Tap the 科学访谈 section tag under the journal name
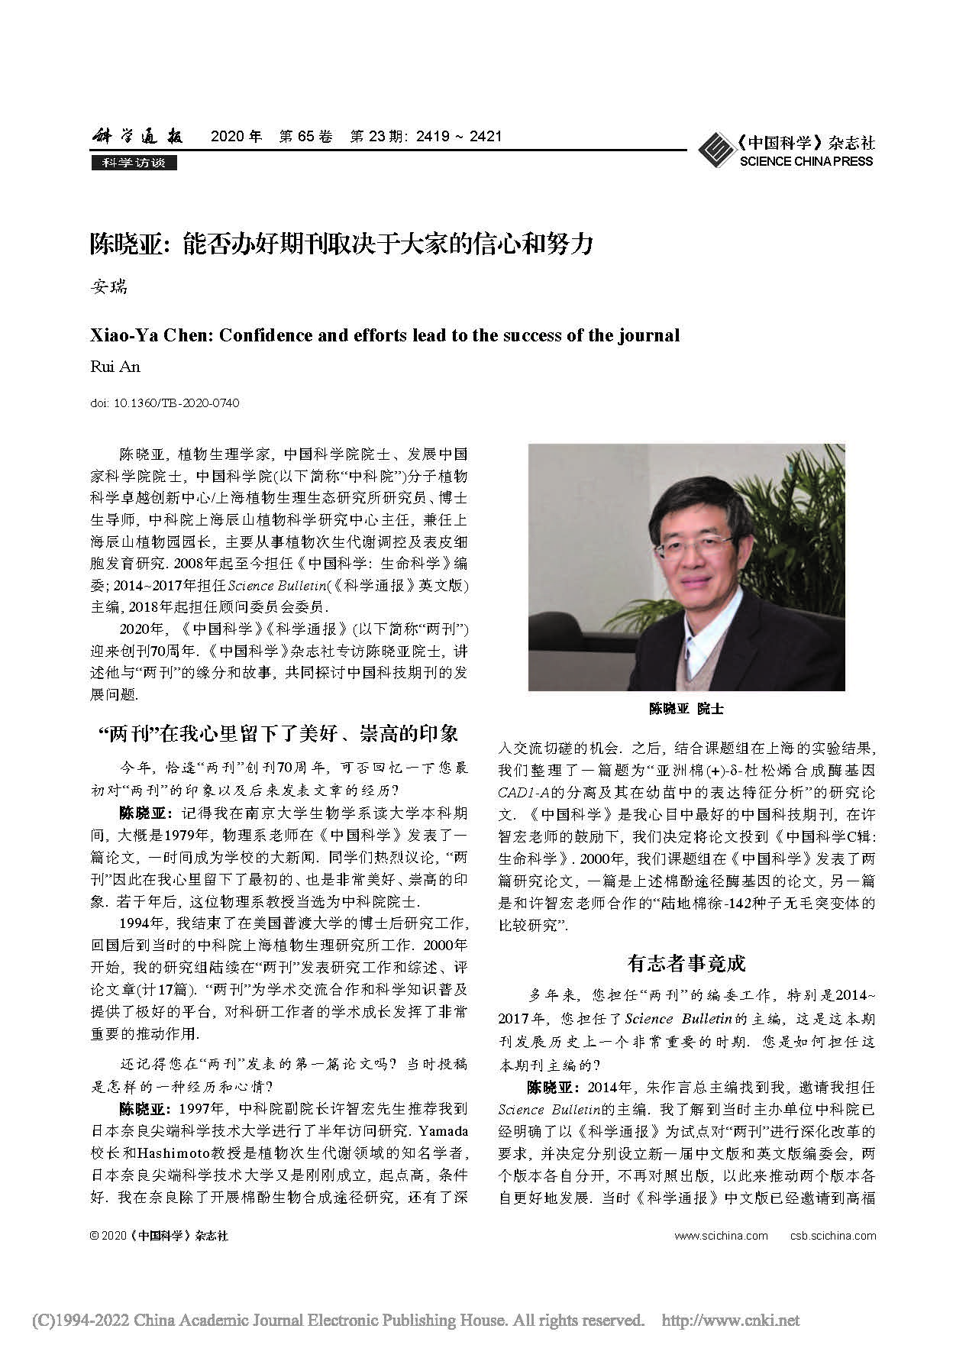pos(134,163)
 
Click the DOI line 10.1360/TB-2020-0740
pos(164,403)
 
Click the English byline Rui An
pos(115,367)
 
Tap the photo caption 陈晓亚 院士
pos(686,708)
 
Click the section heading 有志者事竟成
pos(686,963)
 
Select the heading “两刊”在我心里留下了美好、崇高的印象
pos(280,734)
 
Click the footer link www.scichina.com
pos(722,1236)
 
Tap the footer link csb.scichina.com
pos(833,1236)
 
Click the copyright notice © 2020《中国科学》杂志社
pos(159,1236)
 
